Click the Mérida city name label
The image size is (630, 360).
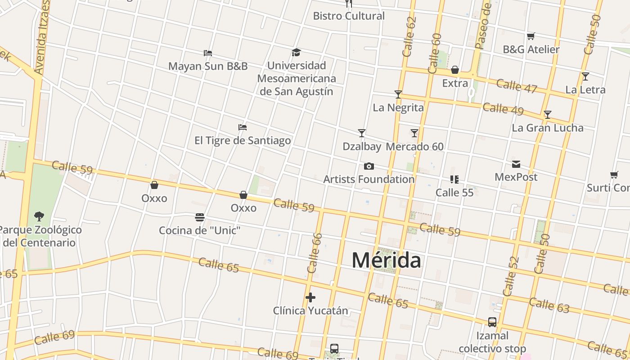(x=386, y=261)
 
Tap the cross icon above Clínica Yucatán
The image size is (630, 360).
(x=310, y=297)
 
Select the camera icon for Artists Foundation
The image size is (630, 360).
(x=369, y=166)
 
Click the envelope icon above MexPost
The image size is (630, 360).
(x=516, y=164)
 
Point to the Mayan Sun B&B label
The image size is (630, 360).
(x=208, y=66)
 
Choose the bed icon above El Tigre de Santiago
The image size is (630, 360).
(x=243, y=127)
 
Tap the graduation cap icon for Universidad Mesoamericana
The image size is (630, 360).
(x=296, y=53)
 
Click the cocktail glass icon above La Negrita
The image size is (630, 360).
(x=398, y=94)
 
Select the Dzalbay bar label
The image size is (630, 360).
(x=361, y=147)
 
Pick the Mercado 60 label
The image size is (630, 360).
(x=414, y=147)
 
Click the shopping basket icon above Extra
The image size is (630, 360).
(x=455, y=70)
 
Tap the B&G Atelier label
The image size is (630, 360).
(x=531, y=49)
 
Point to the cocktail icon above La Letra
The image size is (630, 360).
(x=585, y=76)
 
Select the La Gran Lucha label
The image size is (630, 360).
(x=547, y=128)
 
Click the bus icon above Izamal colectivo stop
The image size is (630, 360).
(x=492, y=322)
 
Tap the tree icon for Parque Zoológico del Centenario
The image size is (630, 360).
(x=39, y=216)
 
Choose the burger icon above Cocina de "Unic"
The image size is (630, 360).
(x=200, y=218)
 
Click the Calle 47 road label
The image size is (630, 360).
(x=517, y=85)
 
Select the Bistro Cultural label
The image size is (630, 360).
(x=349, y=16)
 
